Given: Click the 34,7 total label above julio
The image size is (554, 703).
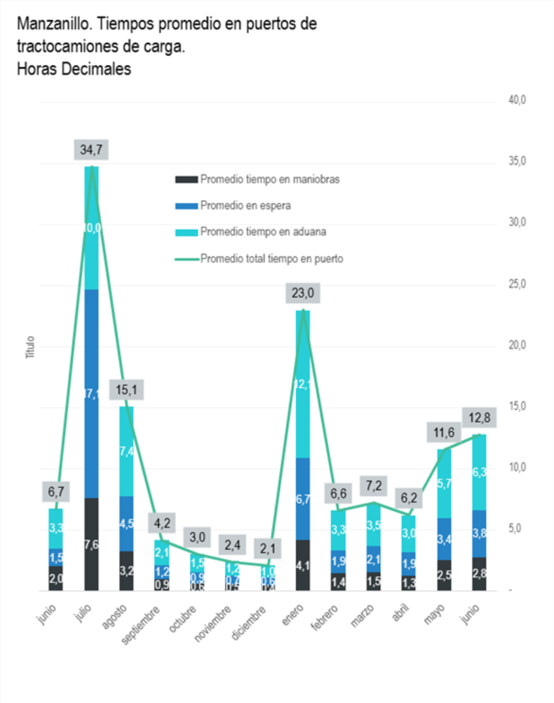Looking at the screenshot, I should pos(91,150).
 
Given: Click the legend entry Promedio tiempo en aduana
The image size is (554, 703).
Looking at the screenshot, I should pos(263,232).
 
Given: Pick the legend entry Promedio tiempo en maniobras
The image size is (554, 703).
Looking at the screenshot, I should pos(270,180).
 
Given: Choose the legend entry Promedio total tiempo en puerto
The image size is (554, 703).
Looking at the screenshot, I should pos(271,258).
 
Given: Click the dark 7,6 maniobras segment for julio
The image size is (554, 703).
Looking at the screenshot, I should pos(91,544).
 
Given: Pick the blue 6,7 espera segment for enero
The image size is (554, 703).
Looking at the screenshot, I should pos(303,499).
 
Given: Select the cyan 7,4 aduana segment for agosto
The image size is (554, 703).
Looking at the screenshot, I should pos(127,451).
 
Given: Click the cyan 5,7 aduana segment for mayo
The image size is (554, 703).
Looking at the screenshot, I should pos(444,484).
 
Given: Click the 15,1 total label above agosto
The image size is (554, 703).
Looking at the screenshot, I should pos(127,390).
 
